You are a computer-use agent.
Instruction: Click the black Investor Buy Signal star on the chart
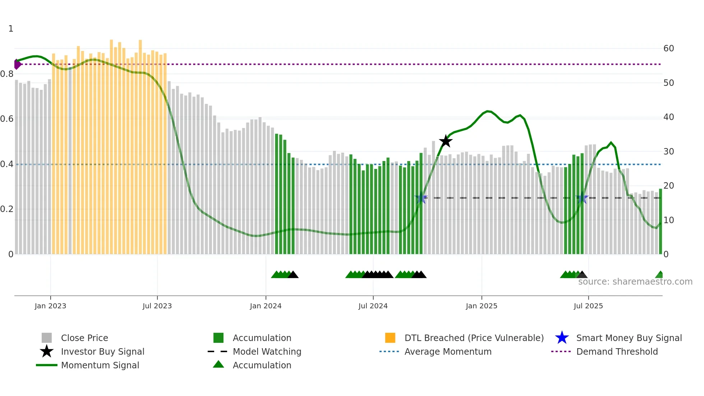445,141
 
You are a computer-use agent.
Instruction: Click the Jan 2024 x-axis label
265,306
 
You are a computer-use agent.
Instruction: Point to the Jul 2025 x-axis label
588,306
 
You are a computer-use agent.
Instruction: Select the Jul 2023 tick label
157,306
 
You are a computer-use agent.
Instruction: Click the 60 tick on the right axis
668,49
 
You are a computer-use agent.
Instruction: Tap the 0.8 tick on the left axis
7,74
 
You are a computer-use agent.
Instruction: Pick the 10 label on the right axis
668,220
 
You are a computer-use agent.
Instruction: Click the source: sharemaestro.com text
635,282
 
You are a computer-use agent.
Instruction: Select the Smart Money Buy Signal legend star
562,338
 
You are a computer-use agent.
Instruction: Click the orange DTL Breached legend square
390,338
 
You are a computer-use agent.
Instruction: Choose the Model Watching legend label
267,351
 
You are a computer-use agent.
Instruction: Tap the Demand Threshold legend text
617,351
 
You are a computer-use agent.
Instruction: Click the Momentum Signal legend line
47,365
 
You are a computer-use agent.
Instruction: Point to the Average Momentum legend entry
448,351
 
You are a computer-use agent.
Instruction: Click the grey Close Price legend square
47,338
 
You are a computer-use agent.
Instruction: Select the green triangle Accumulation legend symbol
218,364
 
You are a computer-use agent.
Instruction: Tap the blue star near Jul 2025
582,198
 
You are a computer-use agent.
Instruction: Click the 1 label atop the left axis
11,29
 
